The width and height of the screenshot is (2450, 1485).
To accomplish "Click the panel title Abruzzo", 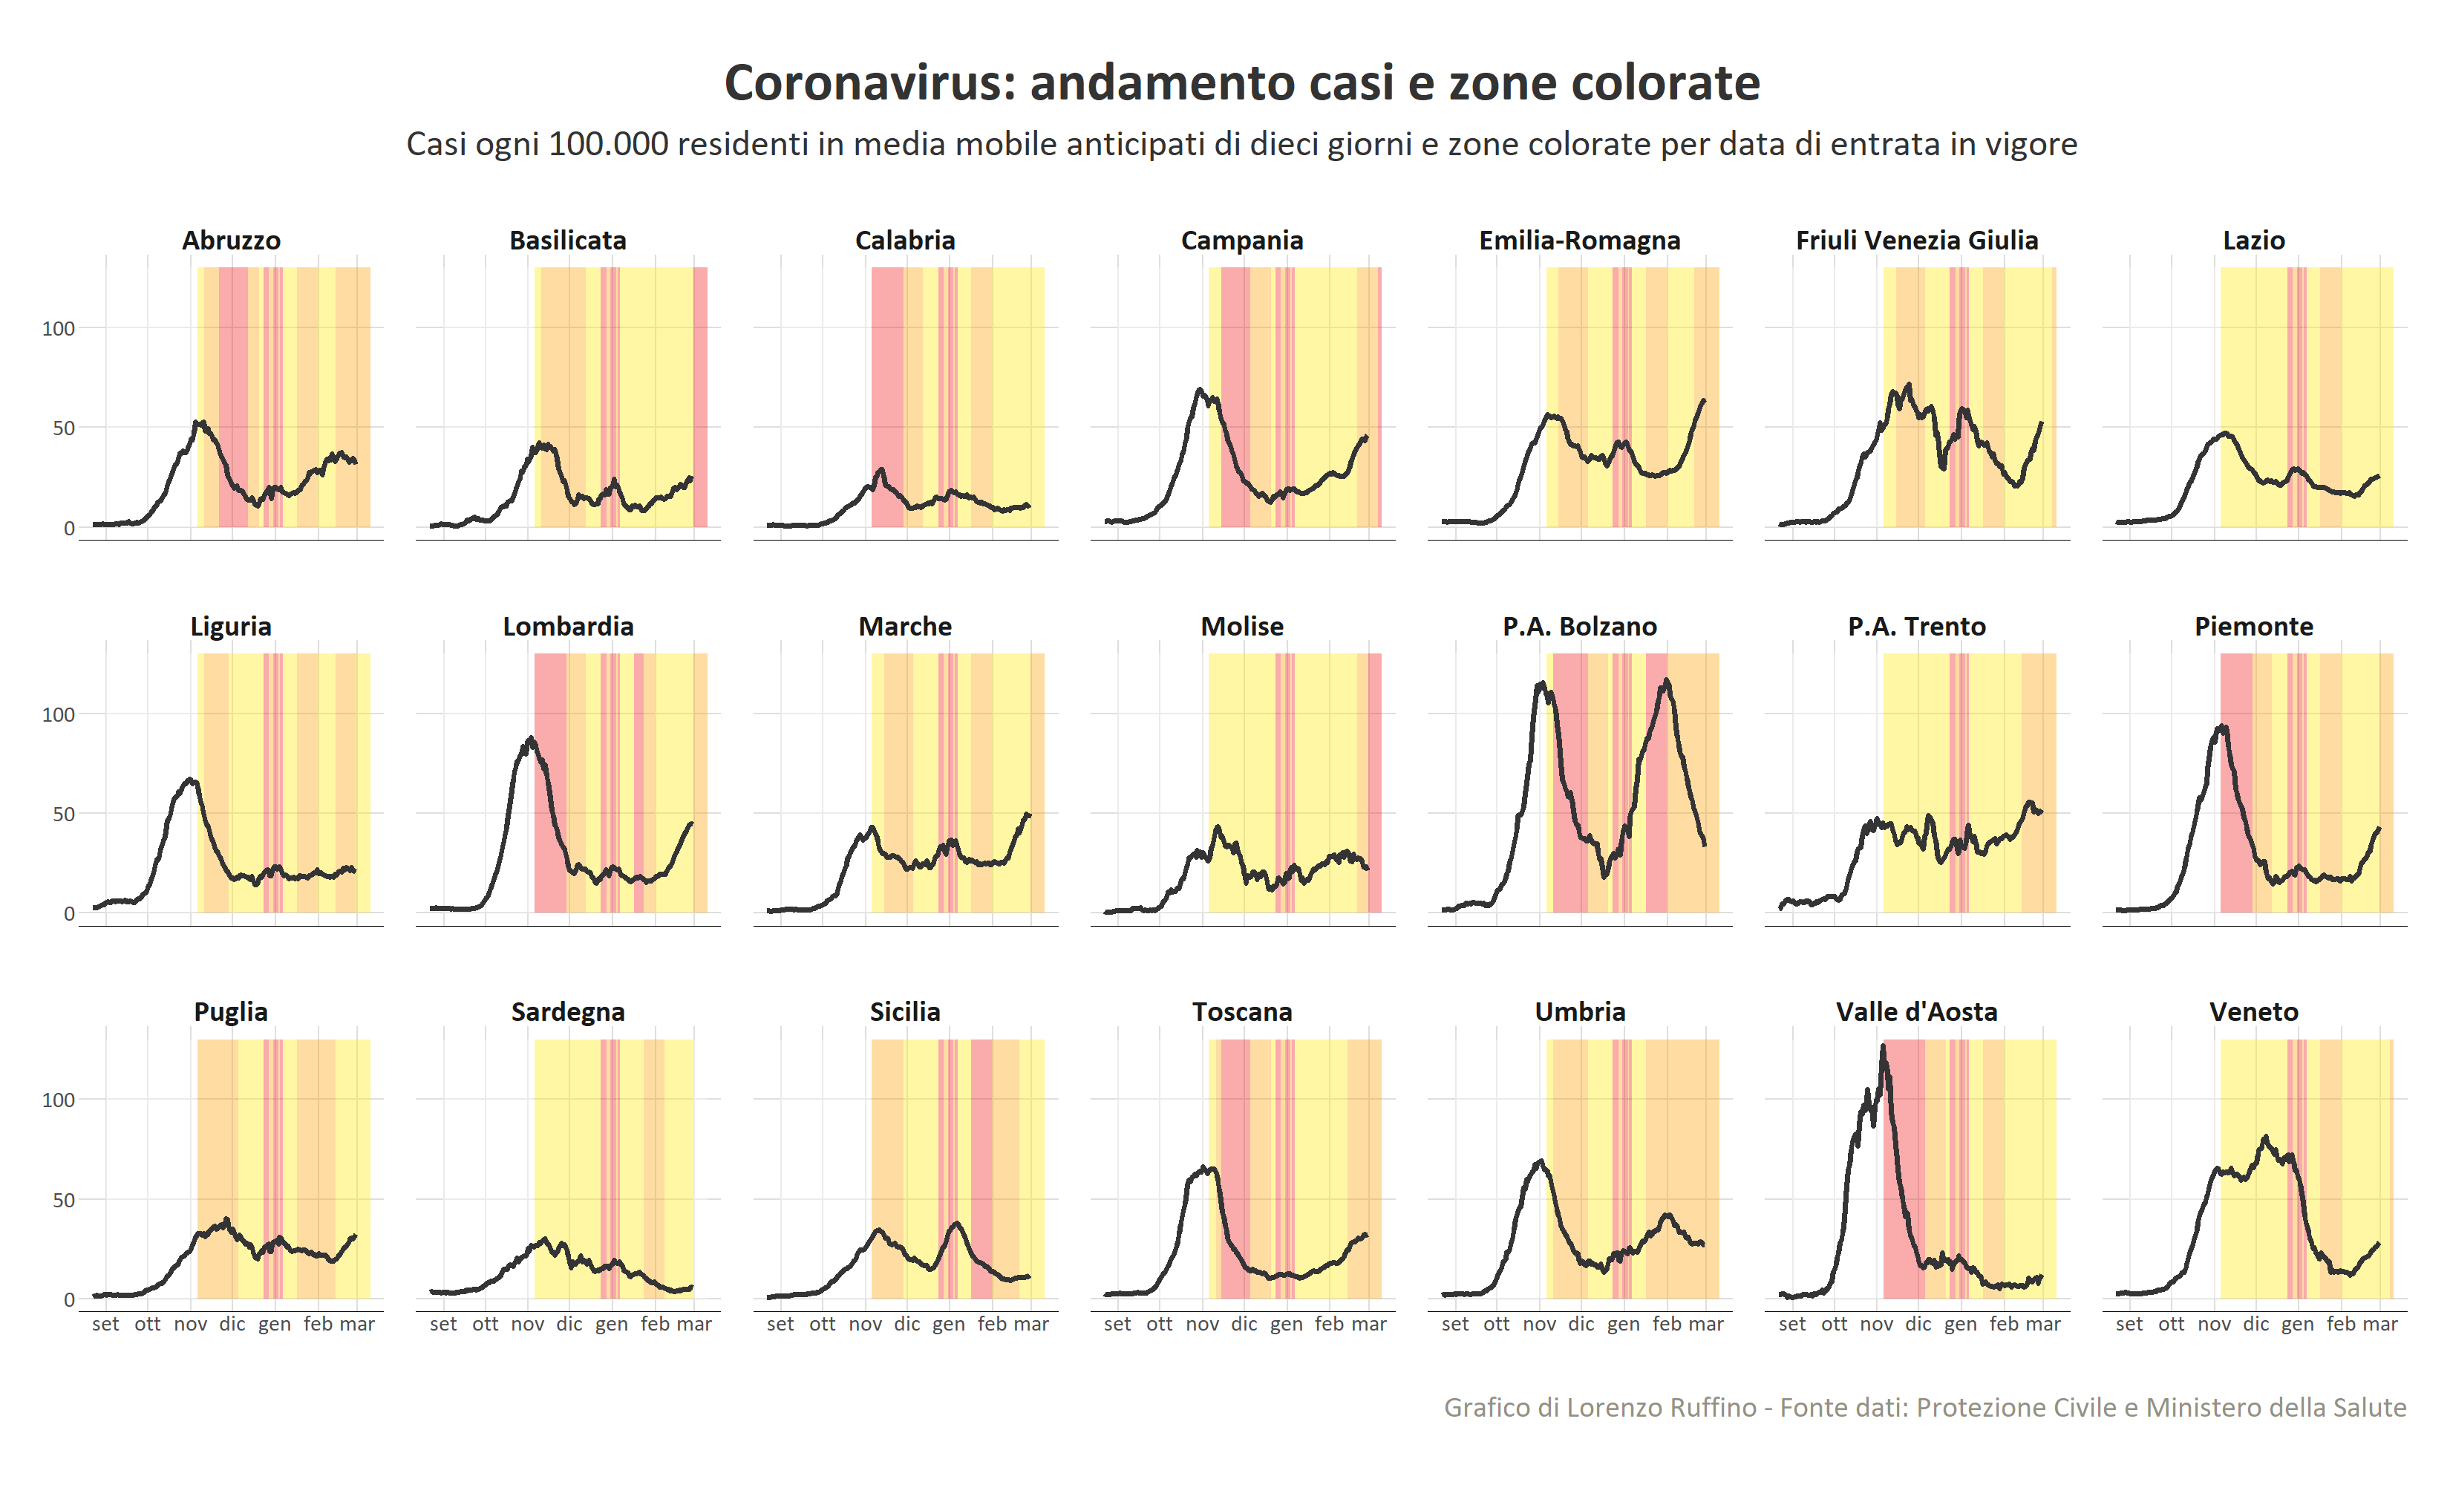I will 231,241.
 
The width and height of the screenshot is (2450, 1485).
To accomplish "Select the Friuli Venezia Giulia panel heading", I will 1916,241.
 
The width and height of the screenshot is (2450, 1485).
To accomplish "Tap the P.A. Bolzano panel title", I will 1579,627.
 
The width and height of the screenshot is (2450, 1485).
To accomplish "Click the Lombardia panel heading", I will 568,627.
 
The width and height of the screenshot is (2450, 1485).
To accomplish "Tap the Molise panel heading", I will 1242,627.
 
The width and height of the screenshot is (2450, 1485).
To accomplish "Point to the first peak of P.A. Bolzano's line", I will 1541,683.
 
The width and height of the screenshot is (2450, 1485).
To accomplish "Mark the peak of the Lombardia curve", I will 531,738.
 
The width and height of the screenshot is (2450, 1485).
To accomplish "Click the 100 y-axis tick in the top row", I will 58,328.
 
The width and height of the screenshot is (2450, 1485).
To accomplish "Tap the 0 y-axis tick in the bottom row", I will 68,1299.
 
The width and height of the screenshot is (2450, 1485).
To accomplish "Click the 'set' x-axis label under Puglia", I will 105,1324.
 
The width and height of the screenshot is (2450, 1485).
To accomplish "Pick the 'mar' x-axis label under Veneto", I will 2380,1324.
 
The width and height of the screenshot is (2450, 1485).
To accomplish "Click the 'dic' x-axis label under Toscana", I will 1244,1324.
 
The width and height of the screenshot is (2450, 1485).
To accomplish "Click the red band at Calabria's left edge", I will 887,398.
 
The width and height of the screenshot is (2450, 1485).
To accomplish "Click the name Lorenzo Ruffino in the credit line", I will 1670,1408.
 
